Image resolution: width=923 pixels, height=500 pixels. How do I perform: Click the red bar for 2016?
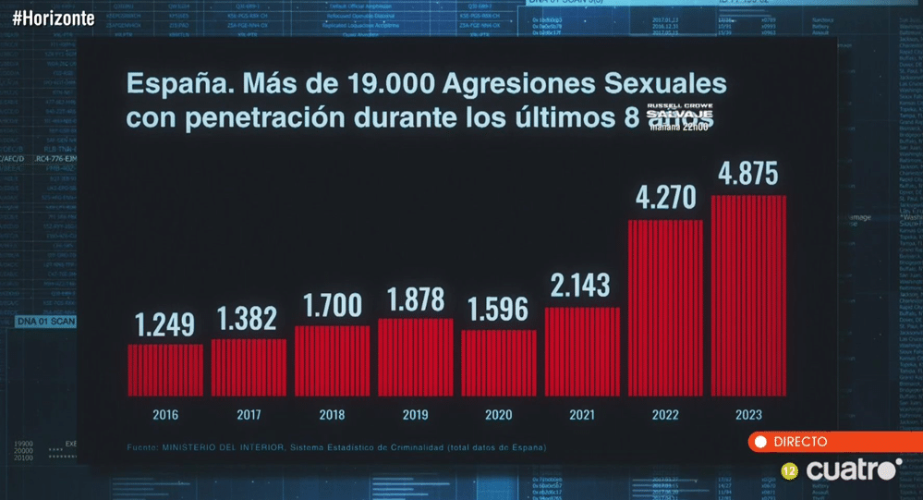165,370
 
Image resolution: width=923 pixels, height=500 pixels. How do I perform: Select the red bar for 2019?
416,357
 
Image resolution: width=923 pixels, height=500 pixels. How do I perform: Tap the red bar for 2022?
665,308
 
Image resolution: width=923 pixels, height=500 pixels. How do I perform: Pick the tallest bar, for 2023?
748,296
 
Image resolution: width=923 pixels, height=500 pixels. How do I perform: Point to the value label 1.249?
165,325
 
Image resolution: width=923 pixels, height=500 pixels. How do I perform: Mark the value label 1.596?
499,311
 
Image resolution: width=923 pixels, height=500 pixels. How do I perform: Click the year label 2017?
249,415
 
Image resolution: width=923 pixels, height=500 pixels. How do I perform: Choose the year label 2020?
499,415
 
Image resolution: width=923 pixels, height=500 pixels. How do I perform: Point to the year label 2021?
582,415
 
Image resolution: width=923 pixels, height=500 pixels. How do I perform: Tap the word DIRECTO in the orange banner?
800,443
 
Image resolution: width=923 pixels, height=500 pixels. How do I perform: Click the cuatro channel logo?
851,470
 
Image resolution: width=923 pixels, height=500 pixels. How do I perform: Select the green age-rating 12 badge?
790,471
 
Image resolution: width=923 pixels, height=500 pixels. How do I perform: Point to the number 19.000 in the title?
389,85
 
